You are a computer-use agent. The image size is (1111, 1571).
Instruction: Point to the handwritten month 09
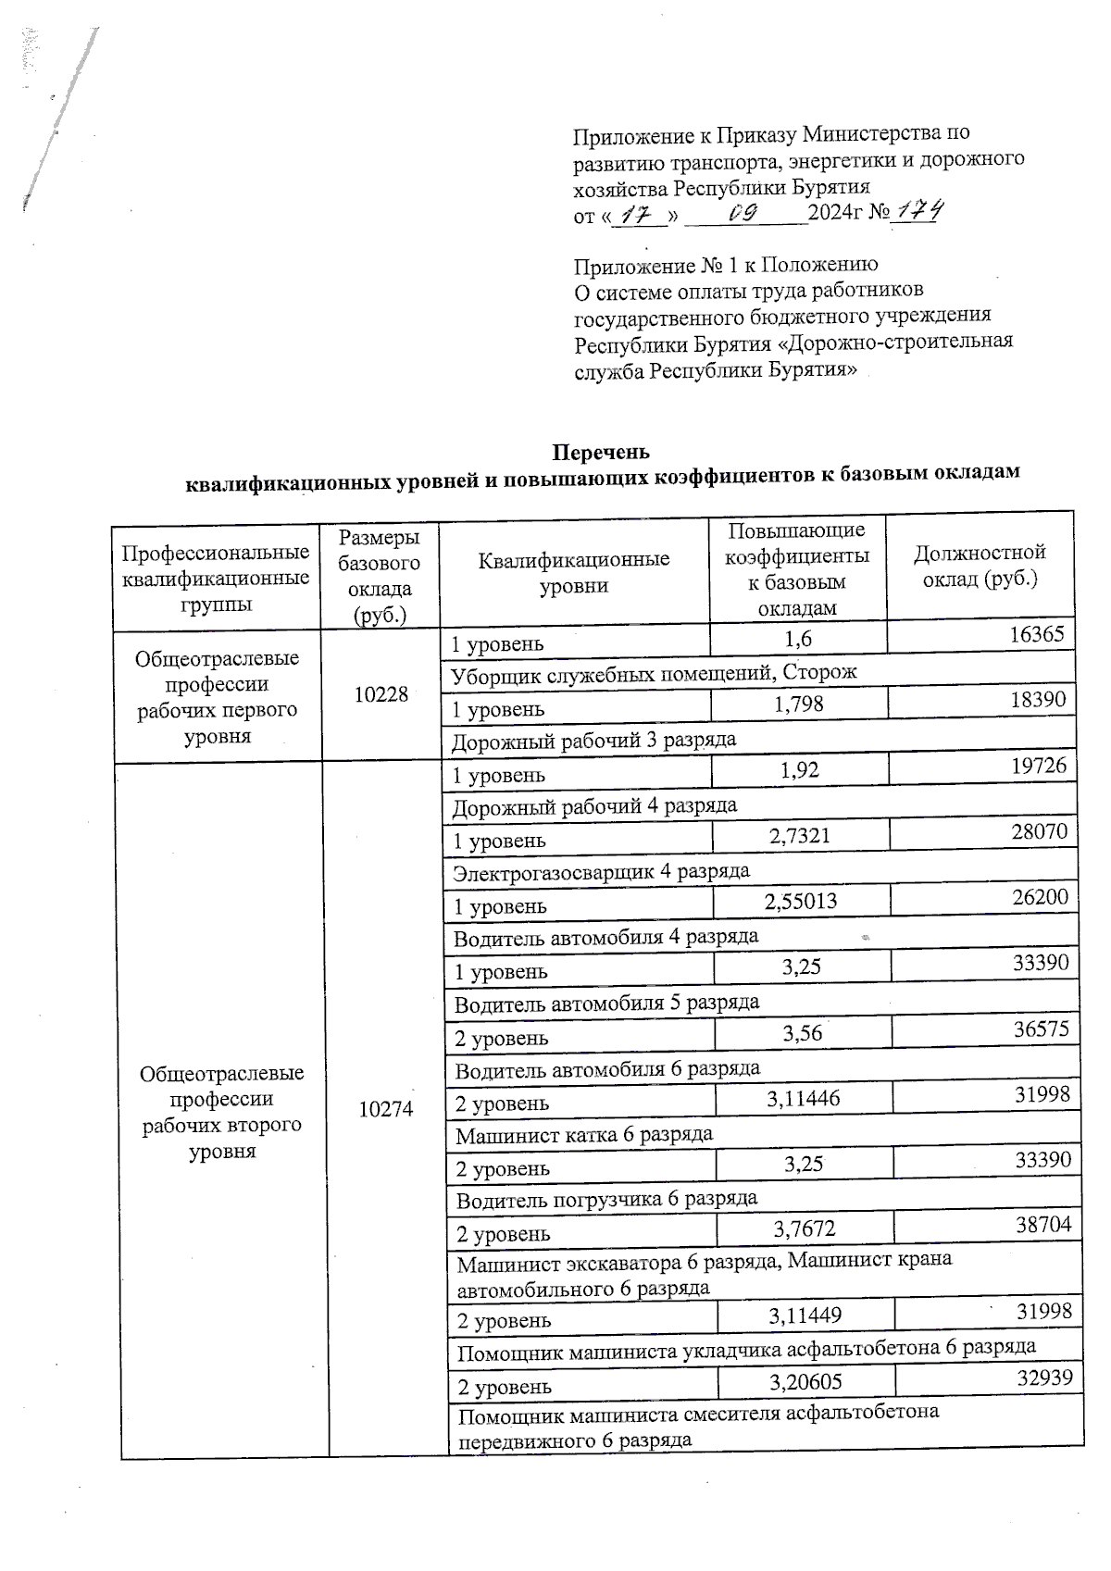[743, 216]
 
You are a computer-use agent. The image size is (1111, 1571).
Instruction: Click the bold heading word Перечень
[602, 452]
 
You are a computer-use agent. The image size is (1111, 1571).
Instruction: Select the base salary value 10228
[381, 694]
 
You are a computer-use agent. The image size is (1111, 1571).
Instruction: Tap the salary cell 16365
[1043, 635]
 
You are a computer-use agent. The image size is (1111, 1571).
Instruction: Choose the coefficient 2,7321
[800, 836]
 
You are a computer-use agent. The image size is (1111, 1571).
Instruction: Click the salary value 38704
[1043, 1225]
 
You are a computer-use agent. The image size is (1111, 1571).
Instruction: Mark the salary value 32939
[1044, 1378]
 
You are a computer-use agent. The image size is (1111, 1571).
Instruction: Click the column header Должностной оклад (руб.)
[980, 566]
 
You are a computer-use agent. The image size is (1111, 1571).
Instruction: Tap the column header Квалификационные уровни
[573, 572]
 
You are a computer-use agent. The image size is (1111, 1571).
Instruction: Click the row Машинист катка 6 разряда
[584, 1134]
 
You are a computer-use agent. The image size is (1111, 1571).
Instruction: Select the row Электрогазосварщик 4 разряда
[601, 871]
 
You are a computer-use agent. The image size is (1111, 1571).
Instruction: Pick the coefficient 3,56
[802, 1033]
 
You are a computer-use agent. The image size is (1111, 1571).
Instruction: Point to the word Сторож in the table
[819, 672]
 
